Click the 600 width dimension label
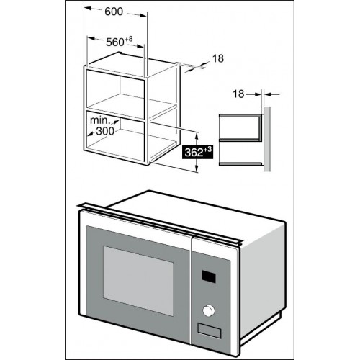(x=114, y=12)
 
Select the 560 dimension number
(x=115, y=42)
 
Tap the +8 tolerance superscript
(x=128, y=39)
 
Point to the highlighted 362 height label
(x=198, y=152)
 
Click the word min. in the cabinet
(x=98, y=120)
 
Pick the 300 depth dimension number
(x=105, y=131)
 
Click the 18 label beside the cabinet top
(x=218, y=58)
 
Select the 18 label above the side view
(x=238, y=94)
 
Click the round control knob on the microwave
(x=209, y=310)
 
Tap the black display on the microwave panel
(x=209, y=276)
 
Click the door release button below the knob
(x=209, y=330)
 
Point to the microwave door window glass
(x=138, y=281)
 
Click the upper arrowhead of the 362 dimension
(x=197, y=136)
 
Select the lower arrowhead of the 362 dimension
(x=197, y=168)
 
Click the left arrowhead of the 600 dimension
(x=88, y=9)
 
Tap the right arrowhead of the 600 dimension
(x=143, y=15)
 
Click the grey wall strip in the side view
(x=267, y=139)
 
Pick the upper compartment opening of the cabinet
(x=115, y=91)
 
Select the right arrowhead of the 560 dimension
(x=140, y=46)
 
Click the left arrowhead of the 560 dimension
(x=91, y=38)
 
